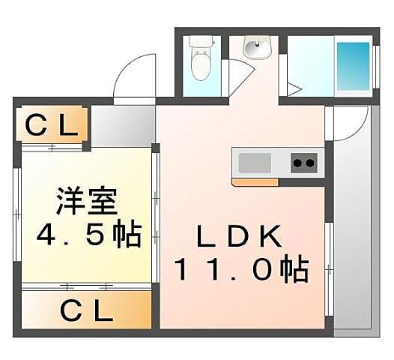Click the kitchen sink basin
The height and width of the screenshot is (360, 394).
click(254, 162)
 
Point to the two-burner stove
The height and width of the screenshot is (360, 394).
click(303, 162)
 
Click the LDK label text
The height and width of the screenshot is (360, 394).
click(239, 238)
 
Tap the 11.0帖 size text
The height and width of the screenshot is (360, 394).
click(241, 268)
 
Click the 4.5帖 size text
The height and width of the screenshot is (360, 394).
click(88, 236)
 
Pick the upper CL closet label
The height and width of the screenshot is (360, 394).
click(51, 126)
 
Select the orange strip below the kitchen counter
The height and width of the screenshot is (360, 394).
click(255, 181)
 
